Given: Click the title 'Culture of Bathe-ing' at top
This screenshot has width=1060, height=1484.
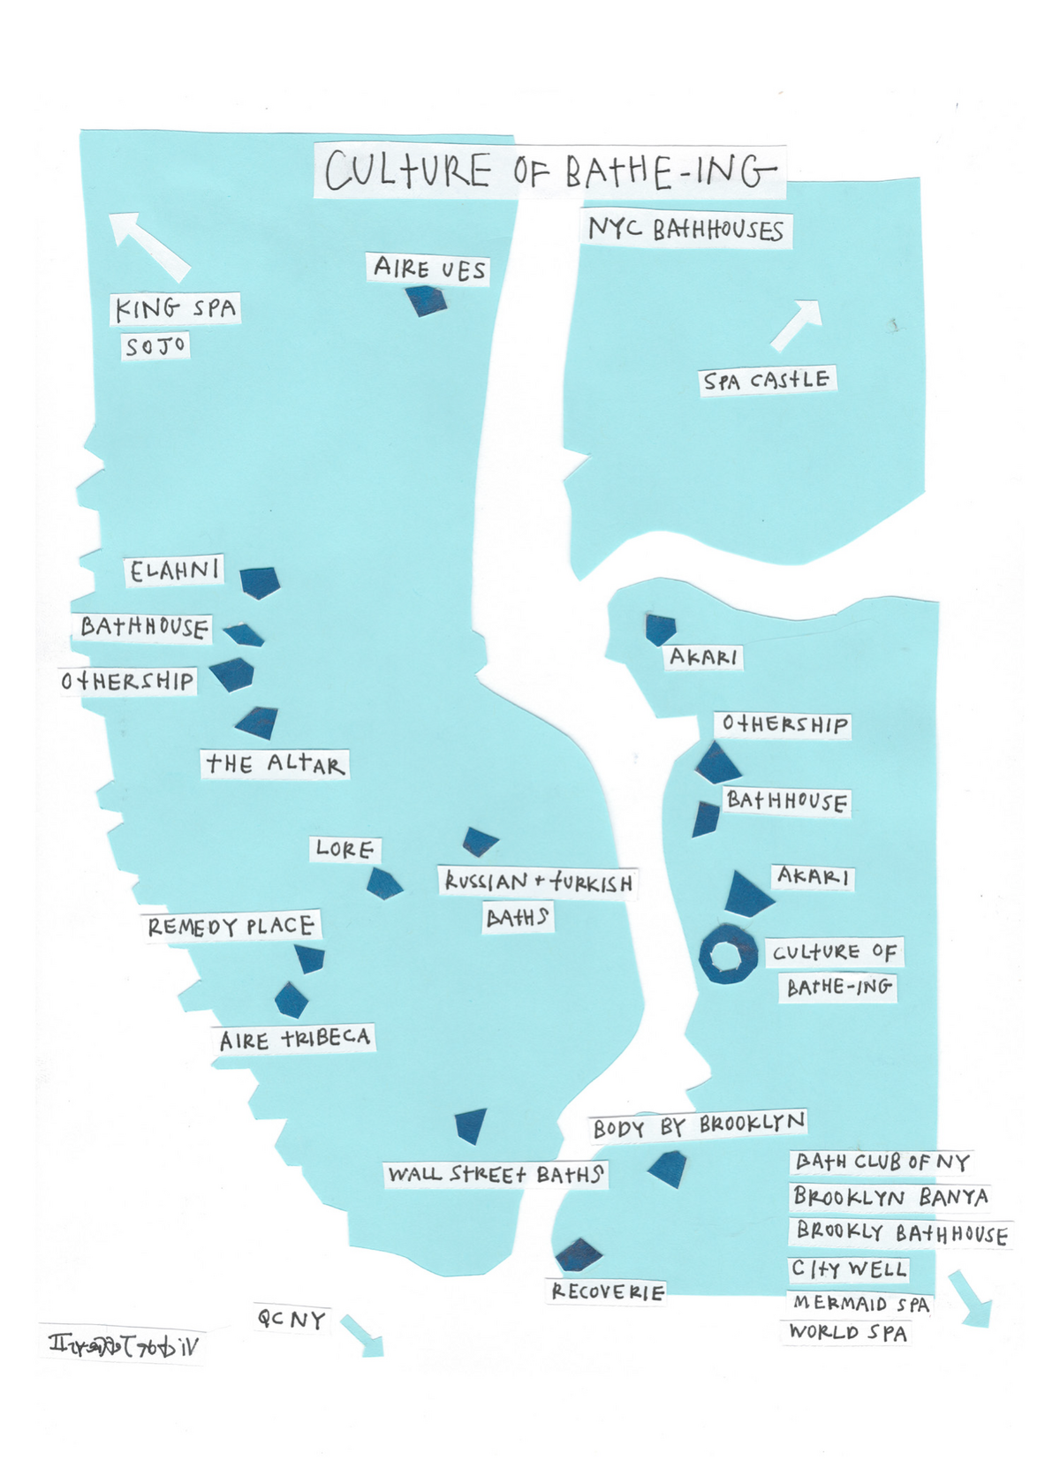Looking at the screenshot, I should [549, 171].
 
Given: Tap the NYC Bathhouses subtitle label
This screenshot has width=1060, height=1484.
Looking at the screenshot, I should [685, 230].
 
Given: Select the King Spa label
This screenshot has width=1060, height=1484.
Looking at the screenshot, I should [176, 308].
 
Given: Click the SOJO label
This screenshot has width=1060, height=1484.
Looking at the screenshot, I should [155, 345].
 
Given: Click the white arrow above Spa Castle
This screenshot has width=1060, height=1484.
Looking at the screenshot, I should [797, 323].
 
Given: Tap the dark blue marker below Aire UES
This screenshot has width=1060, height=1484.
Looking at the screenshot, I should [426, 301].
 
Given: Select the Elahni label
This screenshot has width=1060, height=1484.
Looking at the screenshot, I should [174, 571].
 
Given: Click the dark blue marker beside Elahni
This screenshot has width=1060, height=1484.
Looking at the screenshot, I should [260, 582].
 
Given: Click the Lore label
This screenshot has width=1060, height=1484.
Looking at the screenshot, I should [344, 850].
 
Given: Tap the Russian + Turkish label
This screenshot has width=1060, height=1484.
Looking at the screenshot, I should [538, 882].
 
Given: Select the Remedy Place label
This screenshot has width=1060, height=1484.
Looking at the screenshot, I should [231, 926].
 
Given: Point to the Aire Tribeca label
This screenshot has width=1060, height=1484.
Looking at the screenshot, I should [295, 1039].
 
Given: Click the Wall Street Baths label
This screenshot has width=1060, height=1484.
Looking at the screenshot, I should [496, 1175].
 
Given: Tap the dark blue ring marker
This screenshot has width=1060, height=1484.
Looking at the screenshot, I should [729, 955].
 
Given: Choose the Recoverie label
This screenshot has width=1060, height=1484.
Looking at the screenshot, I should [607, 1291].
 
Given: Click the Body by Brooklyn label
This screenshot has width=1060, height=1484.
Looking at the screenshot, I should [699, 1125].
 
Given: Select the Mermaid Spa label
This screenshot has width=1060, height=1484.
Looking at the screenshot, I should [860, 1303].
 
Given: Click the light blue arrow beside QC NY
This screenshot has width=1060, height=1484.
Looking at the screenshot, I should [362, 1336].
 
